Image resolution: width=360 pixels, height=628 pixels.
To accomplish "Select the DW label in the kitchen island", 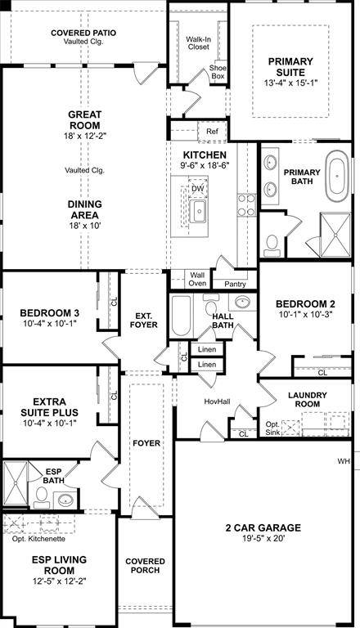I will point(197,189).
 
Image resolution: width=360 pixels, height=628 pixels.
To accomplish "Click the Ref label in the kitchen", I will point(212,131).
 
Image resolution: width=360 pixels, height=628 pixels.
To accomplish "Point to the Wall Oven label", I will point(197,280).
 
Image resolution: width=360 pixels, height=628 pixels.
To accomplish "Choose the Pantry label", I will point(235,284).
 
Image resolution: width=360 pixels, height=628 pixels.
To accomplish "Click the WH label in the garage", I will point(344,462).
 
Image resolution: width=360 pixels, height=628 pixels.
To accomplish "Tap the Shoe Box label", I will point(218,72).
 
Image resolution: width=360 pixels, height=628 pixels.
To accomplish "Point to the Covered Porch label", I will point(145,566).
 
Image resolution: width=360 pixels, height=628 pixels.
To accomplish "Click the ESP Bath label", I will point(54,476).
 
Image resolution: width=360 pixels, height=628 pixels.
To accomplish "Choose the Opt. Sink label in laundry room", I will point(272,428).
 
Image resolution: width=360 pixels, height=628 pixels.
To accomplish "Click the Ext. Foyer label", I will point(144,320).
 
